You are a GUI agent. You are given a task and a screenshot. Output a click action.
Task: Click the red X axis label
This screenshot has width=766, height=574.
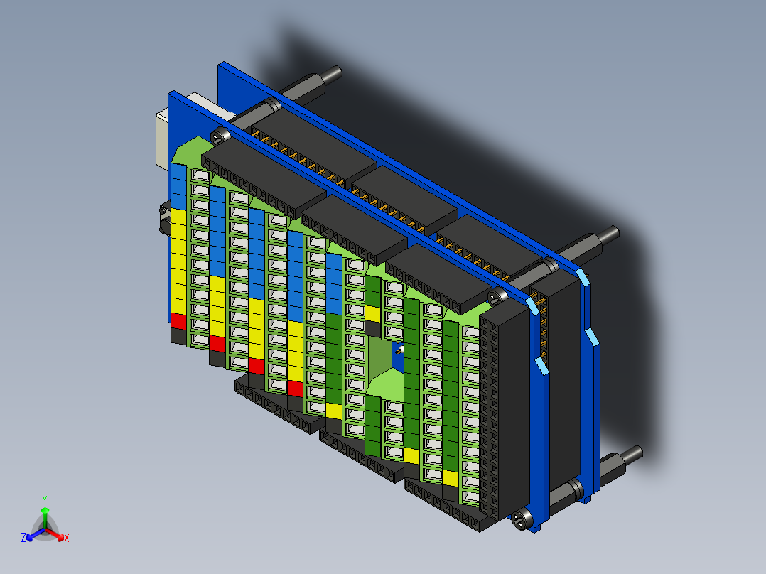click(67, 538)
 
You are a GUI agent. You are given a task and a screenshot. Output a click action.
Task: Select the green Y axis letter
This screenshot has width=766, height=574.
click(44, 499)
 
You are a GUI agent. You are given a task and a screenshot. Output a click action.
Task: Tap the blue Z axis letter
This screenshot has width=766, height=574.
click(23, 538)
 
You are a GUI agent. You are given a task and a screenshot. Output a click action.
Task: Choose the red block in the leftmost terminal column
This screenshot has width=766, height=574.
click(178, 321)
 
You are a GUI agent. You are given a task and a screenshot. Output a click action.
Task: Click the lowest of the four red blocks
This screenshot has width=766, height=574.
click(296, 388)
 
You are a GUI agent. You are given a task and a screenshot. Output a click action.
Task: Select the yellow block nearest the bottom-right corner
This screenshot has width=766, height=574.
click(450, 477)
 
